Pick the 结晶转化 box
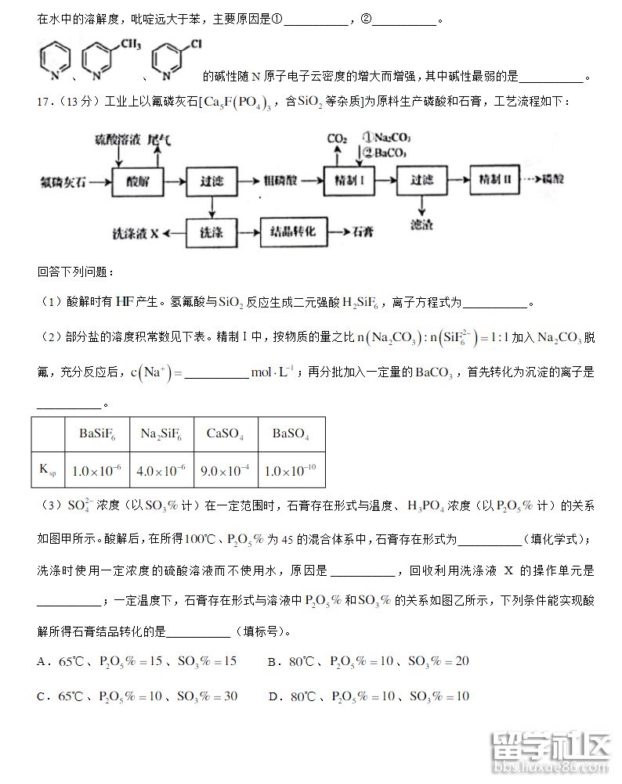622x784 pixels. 292,232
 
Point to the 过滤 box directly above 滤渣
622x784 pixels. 422,180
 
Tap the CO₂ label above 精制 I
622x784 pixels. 337,138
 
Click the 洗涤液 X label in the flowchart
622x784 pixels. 136,233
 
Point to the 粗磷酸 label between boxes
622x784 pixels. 281,181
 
